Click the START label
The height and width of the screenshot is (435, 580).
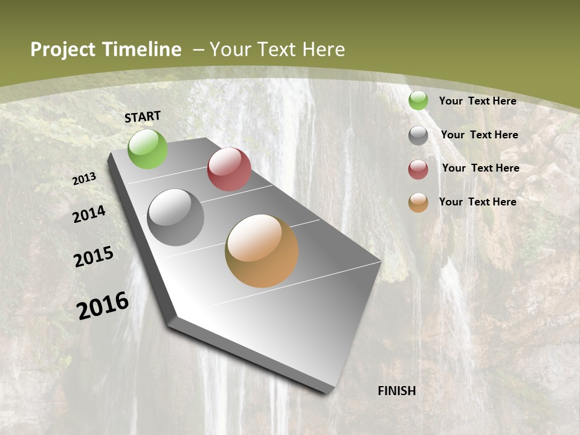(143, 117)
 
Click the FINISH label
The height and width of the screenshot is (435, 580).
(397, 391)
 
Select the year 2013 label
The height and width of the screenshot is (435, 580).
(85, 179)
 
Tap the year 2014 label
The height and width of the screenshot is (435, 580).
(89, 214)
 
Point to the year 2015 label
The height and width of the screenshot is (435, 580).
(94, 257)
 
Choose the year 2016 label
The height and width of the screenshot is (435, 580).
(103, 305)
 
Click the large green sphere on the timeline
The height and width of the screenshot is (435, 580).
(148, 149)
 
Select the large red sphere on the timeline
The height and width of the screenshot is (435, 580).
(229, 169)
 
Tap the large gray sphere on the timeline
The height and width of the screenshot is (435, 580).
(176, 217)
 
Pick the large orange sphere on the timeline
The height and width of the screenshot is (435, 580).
(262, 251)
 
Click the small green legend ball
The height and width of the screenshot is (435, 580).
(418, 101)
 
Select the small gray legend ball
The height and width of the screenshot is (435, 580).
(418, 135)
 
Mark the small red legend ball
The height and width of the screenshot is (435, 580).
(418, 169)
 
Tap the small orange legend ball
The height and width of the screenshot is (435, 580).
(418, 202)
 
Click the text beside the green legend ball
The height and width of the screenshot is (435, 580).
(477, 101)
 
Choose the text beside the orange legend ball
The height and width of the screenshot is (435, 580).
(477, 202)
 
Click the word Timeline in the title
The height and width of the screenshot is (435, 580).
(142, 50)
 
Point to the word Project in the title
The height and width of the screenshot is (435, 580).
(63, 50)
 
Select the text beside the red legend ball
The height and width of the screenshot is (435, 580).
(480, 168)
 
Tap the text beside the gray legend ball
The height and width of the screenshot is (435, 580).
(479, 135)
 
